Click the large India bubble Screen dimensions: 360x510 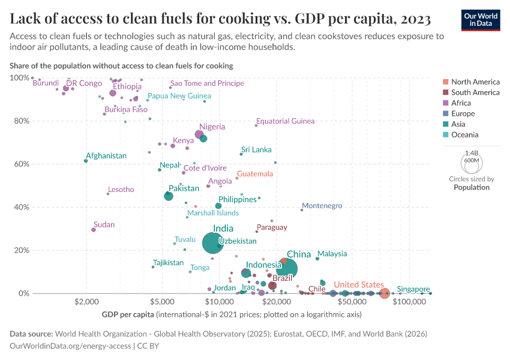click(x=214, y=243)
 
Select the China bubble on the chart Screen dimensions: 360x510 click(x=286, y=269)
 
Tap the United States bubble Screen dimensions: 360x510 click(x=385, y=293)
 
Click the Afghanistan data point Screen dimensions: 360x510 click(x=86, y=161)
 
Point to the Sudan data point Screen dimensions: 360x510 click(x=94, y=230)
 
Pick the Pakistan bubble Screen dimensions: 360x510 click(x=169, y=196)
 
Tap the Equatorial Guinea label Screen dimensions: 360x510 click(x=285, y=121)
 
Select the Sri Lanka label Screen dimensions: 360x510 click(x=256, y=149)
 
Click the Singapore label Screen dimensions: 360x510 click(x=413, y=289)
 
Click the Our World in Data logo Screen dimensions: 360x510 click(x=481, y=19)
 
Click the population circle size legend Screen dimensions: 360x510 click(x=471, y=163)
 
